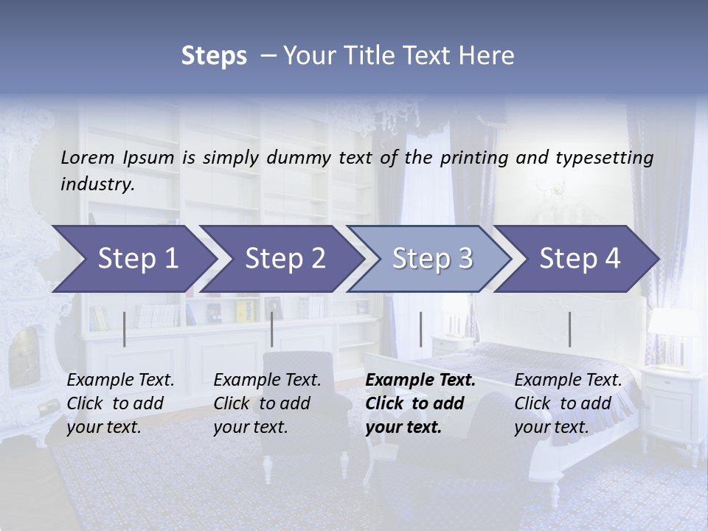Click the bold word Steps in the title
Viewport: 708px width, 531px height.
coord(214,56)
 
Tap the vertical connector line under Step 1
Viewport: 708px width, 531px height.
coord(124,329)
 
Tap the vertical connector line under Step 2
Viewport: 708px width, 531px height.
coord(272,329)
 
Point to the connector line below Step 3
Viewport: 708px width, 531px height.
coord(420,329)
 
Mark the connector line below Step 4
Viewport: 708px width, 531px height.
coord(569,329)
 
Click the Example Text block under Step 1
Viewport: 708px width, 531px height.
coord(120,403)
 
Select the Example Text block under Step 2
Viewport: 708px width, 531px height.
coord(267,403)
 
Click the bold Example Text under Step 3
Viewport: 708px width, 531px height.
coord(420,403)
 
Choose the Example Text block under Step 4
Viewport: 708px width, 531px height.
coord(568,403)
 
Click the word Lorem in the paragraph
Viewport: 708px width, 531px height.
coord(88,158)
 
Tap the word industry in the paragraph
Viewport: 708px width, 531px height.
coord(97,184)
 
